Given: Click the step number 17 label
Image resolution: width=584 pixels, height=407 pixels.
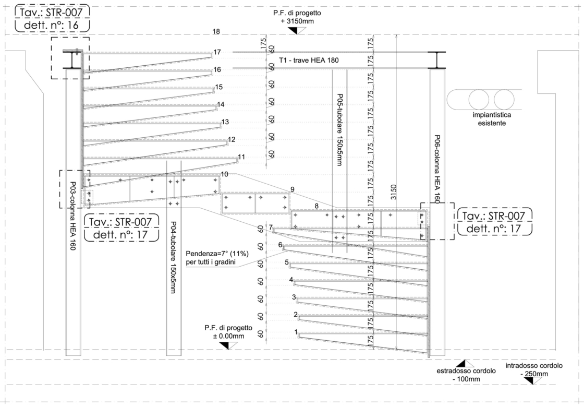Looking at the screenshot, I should click(x=217, y=52).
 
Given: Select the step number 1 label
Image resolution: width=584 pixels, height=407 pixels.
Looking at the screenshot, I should click(x=296, y=332).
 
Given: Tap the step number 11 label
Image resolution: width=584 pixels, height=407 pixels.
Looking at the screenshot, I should click(x=241, y=157).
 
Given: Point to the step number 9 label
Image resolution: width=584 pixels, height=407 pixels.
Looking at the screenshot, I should click(x=293, y=189).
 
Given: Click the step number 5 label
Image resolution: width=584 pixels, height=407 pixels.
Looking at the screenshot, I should click(x=287, y=262).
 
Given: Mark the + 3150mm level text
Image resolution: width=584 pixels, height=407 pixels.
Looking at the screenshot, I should click(x=291, y=20).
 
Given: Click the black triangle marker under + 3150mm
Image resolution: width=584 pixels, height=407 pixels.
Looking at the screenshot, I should click(x=293, y=31).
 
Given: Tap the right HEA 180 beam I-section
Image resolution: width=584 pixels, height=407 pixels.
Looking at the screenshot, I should click(x=437, y=60).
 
